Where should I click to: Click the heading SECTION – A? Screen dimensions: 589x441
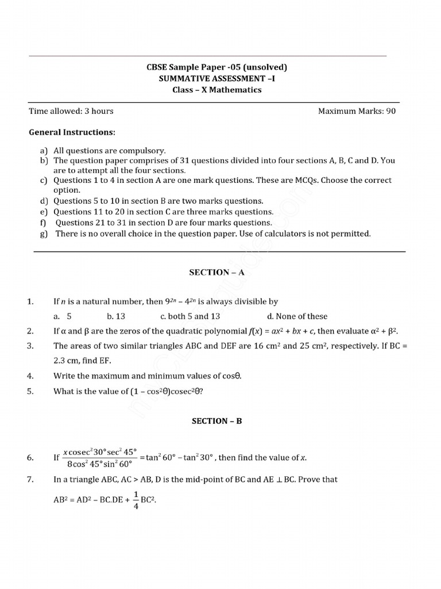216,273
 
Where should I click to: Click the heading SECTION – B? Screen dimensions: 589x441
216,421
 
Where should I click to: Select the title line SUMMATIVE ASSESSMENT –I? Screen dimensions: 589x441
216,78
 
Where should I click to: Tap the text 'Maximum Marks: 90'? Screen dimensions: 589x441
357,111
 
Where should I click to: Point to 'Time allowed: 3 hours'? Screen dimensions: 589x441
71,111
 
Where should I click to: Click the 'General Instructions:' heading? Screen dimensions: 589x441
72,132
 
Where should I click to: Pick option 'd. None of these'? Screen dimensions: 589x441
297,316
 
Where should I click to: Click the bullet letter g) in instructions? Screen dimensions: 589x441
44,234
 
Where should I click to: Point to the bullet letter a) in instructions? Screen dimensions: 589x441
44,150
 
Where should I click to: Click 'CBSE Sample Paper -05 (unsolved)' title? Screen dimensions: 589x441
216,67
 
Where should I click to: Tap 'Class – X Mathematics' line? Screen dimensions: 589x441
216,90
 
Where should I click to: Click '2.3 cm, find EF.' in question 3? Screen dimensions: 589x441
82,361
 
